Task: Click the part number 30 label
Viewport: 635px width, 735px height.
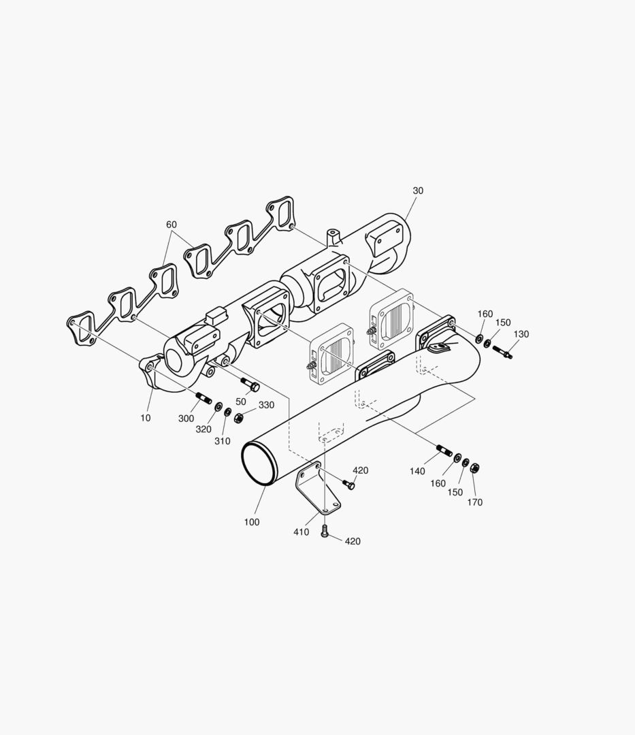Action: point(418,191)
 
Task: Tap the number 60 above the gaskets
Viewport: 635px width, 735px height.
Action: point(172,225)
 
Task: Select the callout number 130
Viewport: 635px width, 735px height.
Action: point(521,334)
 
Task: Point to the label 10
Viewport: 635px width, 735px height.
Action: point(146,418)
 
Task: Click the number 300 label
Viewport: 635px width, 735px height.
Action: point(186,419)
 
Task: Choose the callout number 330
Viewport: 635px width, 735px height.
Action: point(266,405)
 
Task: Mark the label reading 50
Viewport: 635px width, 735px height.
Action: point(241,402)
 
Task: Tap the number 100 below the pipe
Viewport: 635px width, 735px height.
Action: point(252,522)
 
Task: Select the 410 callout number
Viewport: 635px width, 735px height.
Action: point(301,532)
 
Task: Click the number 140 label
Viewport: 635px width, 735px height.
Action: point(417,471)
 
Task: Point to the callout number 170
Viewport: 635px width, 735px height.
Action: point(474,502)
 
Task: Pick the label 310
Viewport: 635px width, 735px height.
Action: point(222,441)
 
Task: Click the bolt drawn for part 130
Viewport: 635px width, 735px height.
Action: point(503,352)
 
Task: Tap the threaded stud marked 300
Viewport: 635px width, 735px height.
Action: point(203,397)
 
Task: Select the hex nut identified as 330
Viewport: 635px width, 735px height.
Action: point(239,416)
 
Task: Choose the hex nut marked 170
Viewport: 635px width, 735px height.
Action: point(476,468)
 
